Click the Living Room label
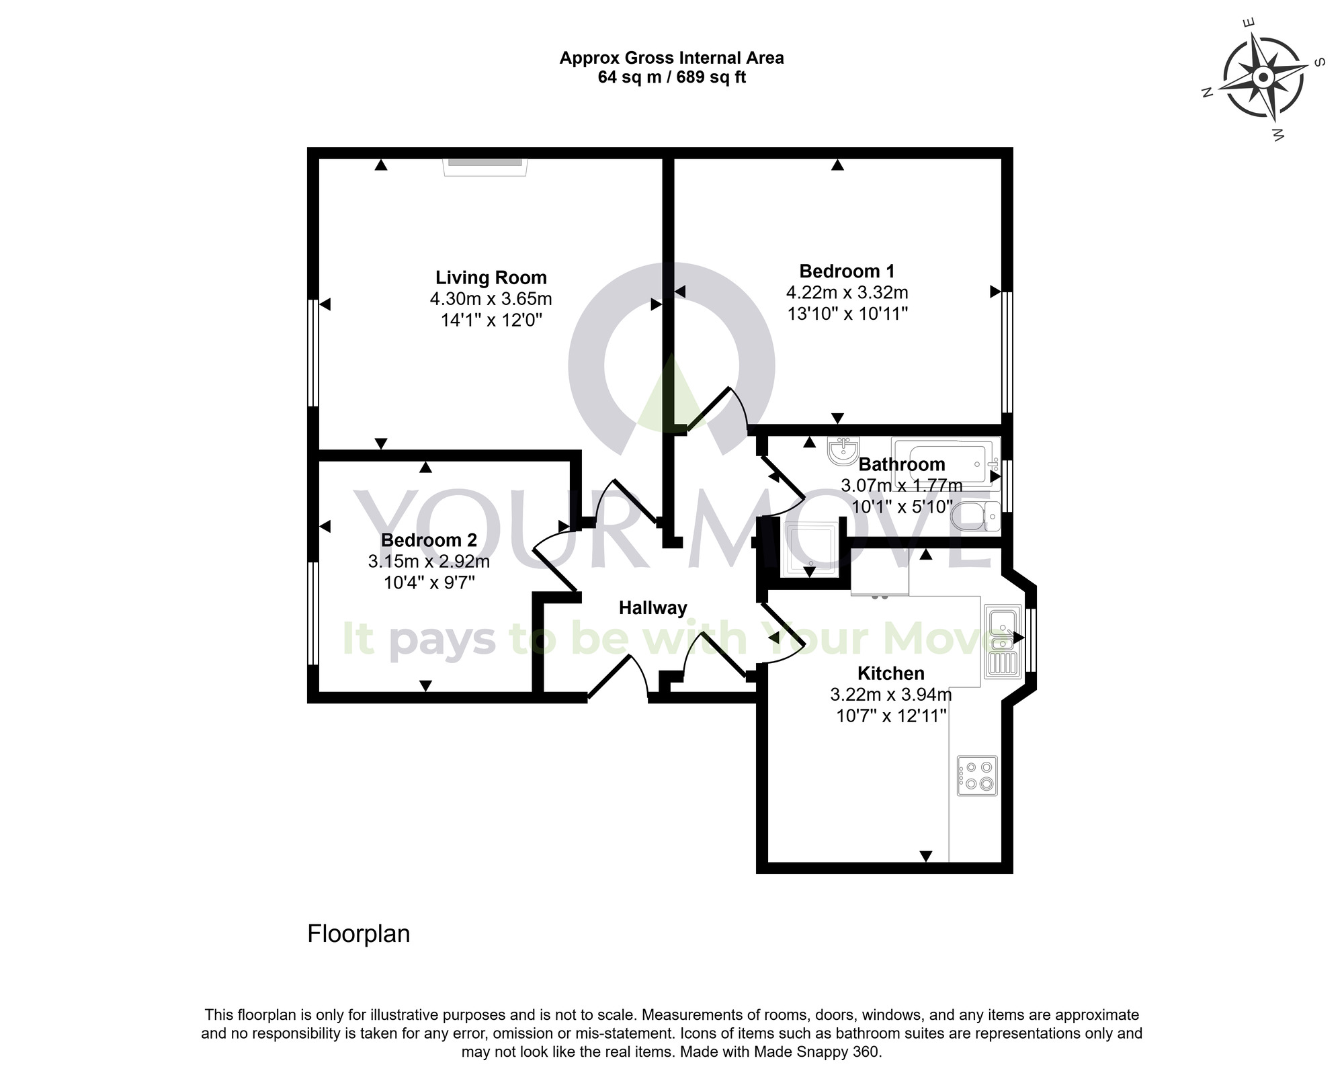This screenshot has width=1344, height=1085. (491, 277)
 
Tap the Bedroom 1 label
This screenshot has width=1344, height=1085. (847, 271)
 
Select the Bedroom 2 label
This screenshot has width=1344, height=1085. (429, 540)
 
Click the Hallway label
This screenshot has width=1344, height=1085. (653, 608)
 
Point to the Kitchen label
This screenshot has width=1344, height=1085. (890, 673)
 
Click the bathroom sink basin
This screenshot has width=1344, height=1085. (843, 451)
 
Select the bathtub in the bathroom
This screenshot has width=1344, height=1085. (944, 462)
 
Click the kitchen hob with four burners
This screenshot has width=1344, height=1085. (977, 776)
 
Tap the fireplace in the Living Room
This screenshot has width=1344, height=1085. (485, 166)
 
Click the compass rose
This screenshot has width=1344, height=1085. (1263, 79)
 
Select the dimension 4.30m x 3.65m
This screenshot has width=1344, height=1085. (491, 299)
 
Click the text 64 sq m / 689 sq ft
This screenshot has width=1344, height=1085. (671, 77)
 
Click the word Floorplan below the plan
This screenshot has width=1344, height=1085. (358, 934)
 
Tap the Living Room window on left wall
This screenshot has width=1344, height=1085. (312, 353)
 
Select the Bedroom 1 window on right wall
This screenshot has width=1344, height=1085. (1006, 353)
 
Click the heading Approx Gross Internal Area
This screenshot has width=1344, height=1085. (671, 58)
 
